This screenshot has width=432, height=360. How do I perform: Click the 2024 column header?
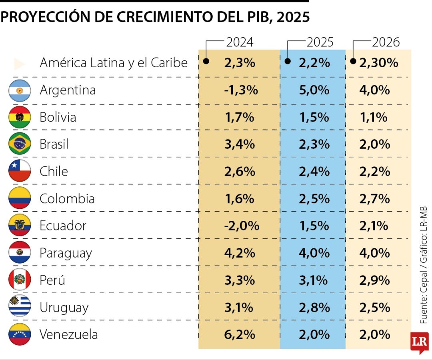pos(240,42)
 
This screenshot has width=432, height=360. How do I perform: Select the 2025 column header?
pos(320,42)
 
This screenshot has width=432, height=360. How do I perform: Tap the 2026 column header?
pos(386,42)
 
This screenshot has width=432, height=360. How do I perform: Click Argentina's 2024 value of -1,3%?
pos(241,90)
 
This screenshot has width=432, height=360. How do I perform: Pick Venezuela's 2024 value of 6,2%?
pos(239,334)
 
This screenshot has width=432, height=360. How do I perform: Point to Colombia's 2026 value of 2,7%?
pos(374,199)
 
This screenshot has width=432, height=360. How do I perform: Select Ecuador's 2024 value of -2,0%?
pos(241,226)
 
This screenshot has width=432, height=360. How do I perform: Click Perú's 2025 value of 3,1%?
pos(314,280)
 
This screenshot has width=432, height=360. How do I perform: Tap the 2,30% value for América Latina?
pos(378,63)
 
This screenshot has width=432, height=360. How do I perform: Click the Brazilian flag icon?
pos(20,144)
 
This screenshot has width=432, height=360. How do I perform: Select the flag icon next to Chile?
pos(20,171)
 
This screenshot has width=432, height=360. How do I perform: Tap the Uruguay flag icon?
pos(20,307)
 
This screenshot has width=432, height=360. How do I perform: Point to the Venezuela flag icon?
pos(20,334)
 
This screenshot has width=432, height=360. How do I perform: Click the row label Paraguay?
pos(66,253)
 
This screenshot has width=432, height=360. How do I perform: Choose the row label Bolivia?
pos(58,118)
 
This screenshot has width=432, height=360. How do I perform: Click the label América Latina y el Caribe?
pos(114,63)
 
